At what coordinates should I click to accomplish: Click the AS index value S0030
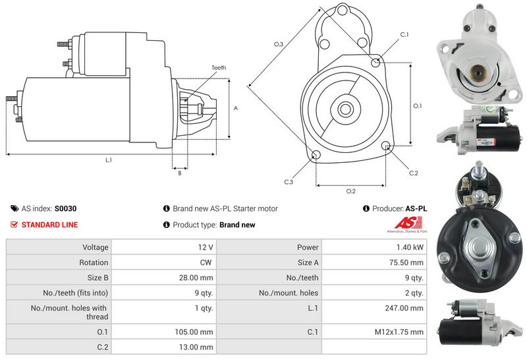[65, 208]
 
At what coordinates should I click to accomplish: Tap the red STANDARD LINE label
[49, 225]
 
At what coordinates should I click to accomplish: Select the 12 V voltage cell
[206, 247]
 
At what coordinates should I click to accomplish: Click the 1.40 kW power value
[409, 247]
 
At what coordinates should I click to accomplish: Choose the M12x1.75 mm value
[399, 332]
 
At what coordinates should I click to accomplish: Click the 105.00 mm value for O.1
[197, 332]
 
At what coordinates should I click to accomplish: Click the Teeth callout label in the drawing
[219, 68]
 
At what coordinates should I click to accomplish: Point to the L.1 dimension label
[108, 160]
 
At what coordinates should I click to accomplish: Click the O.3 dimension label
[279, 44]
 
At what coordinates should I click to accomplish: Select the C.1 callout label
[404, 34]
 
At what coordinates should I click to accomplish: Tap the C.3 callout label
[289, 181]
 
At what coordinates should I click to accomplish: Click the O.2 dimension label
[350, 191]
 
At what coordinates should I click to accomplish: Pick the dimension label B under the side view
[179, 173]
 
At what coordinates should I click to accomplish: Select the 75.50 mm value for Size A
[406, 262]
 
